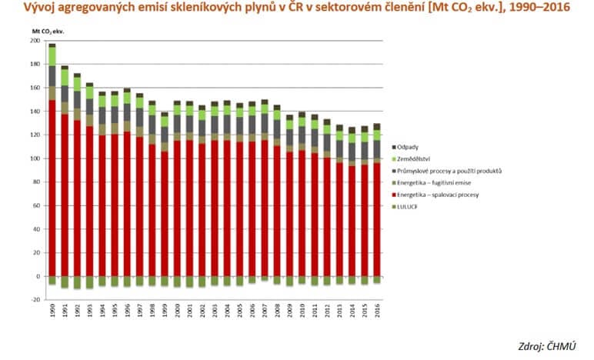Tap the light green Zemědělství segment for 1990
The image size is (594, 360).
pos(52,56)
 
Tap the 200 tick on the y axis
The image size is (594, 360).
pos(35,41)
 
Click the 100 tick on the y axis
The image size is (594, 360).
pos(35,158)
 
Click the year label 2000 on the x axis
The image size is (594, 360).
pos(176,312)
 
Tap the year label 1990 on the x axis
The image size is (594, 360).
pos(52,312)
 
